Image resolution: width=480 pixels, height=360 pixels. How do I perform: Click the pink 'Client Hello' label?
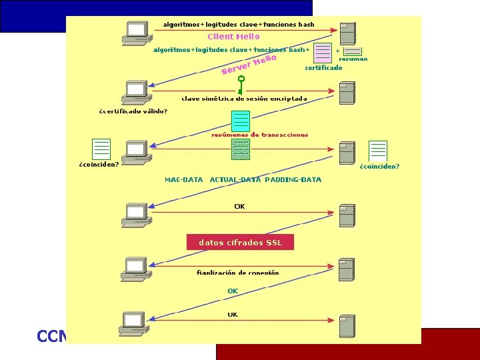click(233, 37)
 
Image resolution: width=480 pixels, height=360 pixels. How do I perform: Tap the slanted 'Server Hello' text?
click(249, 65)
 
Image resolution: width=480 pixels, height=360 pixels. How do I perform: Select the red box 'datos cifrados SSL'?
click(240, 243)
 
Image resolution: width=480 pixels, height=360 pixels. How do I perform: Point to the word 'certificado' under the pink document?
click(323, 68)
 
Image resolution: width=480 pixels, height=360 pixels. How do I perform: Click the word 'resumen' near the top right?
click(353, 59)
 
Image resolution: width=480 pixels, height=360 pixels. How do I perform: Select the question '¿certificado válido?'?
click(133, 111)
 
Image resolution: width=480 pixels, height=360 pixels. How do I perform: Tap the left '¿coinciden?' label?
click(99, 165)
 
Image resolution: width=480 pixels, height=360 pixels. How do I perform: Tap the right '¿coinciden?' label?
click(379, 167)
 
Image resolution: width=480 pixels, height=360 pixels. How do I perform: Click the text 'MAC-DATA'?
click(184, 180)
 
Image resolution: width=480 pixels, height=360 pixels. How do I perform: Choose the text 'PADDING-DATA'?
click(293, 180)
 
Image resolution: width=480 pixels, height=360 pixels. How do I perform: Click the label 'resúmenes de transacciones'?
click(259, 135)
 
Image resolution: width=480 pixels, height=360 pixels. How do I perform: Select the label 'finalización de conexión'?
click(237, 273)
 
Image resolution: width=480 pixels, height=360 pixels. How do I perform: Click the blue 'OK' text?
click(233, 291)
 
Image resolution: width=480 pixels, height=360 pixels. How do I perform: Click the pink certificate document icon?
click(323, 53)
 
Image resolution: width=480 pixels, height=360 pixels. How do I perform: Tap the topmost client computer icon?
click(136, 32)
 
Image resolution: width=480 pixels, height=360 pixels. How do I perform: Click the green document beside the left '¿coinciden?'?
click(101, 149)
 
